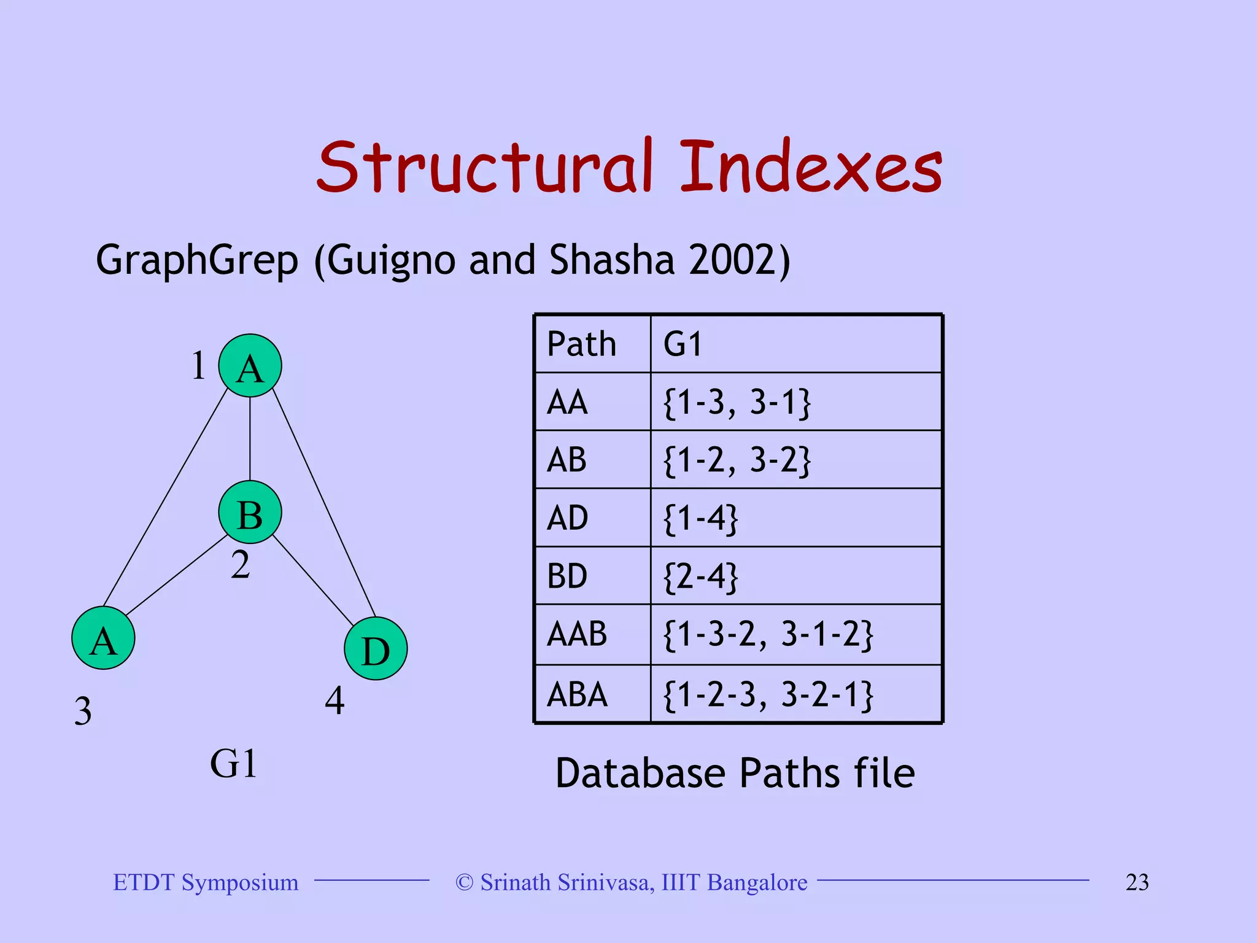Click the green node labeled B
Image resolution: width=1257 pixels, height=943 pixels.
pos(250,512)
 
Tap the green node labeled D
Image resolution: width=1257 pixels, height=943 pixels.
pos(376,648)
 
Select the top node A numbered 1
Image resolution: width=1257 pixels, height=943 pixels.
pos(250,366)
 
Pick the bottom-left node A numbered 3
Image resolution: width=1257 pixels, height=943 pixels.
pos(103,638)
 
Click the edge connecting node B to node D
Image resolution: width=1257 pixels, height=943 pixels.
pos(313,580)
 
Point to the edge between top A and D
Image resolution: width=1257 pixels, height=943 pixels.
pos(323,503)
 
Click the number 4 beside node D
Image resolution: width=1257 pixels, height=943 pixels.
pos(335,700)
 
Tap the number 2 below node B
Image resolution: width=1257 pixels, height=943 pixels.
pos(241,564)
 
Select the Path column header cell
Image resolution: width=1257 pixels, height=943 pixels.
pos(592,344)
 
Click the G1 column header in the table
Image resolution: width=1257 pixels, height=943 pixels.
pos(795,344)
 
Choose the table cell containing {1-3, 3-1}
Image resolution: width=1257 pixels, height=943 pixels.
pos(795,402)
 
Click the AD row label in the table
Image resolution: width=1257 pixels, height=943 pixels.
pos(592,518)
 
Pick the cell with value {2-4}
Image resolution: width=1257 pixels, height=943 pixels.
pos(795,576)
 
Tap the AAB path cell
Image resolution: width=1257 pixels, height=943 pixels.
pos(592,634)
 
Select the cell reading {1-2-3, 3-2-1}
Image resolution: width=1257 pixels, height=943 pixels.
pos(795,694)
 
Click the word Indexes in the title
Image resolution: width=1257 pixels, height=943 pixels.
pos(810,167)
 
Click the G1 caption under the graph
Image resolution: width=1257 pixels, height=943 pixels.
pos(234,764)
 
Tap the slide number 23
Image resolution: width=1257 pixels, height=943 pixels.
pos(1137,882)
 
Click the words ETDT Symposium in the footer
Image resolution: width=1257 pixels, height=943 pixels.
pos(206,882)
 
